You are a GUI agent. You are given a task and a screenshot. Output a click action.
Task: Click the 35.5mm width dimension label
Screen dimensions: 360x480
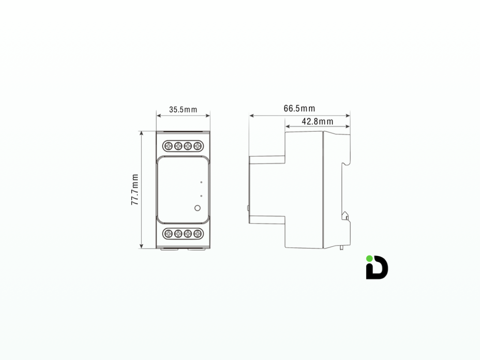pyautogui.click(x=183, y=110)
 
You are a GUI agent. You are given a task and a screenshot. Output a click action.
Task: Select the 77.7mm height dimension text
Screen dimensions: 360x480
pyautogui.click(x=135, y=189)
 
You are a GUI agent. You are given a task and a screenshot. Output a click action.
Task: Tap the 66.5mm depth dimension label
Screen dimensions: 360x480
pyautogui.click(x=299, y=109)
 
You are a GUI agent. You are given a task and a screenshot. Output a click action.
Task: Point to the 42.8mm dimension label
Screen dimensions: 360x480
pyautogui.click(x=317, y=121)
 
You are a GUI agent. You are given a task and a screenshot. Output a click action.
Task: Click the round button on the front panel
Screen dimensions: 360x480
pyautogui.click(x=197, y=208)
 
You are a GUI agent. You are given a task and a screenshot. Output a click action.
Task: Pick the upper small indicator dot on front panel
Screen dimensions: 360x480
pyautogui.click(x=201, y=181)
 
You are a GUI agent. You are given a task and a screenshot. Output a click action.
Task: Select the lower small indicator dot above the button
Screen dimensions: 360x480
pyautogui.click(x=201, y=195)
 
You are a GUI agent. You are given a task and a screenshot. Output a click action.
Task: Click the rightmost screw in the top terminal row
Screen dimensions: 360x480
pyautogui.click(x=197, y=146)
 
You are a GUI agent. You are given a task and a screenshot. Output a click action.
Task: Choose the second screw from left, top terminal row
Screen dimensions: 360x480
pyautogui.click(x=178, y=146)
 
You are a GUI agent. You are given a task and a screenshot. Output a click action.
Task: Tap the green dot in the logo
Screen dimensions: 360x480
pyautogui.click(x=369, y=258)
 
